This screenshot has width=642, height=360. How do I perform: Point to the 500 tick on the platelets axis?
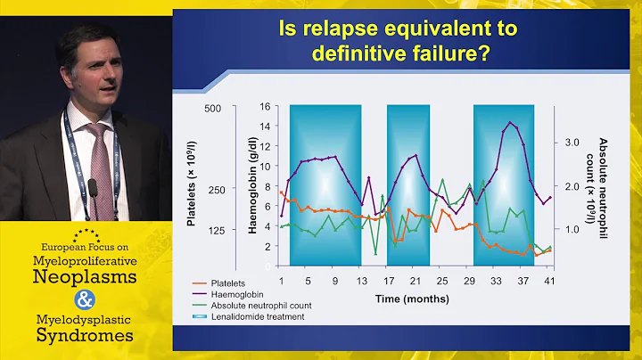pyautogui.click(x=212, y=109)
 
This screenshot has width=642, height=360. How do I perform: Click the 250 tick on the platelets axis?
pyautogui.click(x=212, y=190)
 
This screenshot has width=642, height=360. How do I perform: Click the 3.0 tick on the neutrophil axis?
pyautogui.click(x=570, y=142)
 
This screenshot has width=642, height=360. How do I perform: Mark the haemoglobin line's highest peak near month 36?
pyautogui.click(x=510, y=123)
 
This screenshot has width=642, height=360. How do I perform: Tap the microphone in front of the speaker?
pyautogui.click(x=92, y=190)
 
